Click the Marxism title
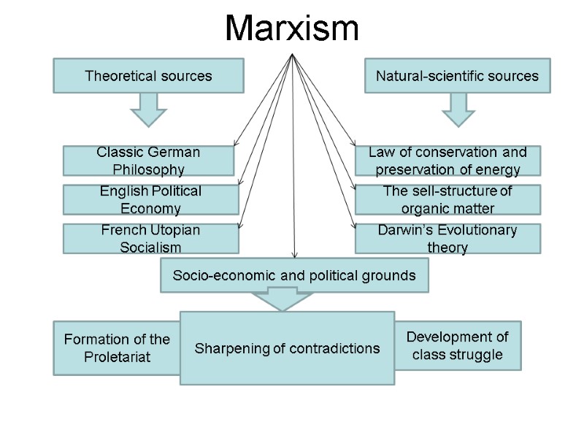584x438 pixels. pyautogui.click(x=292, y=29)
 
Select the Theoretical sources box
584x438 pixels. pyautogui.click(x=148, y=76)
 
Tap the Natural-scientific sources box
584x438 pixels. pyautogui.click(x=457, y=76)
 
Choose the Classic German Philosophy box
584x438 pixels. pyautogui.click(x=148, y=161)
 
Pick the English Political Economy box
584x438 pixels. pyautogui.click(x=150, y=200)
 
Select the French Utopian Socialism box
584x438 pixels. pyautogui.click(x=150, y=239)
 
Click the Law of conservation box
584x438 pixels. pyautogui.click(x=447, y=161)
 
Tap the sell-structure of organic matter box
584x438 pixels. pyautogui.click(x=447, y=200)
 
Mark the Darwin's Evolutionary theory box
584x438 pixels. pyautogui.click(x=447, y=239)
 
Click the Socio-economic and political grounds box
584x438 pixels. pyautogui.click(x=294, y=276)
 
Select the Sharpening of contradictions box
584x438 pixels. pyautogui.click(x=287, y=348)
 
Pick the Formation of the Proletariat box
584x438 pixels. pyautogui.click(x=117, y=348)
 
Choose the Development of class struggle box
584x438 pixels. pyautogui.click(x=458, y=346)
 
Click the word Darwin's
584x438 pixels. pyautogui.click(x=403, y=231)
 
